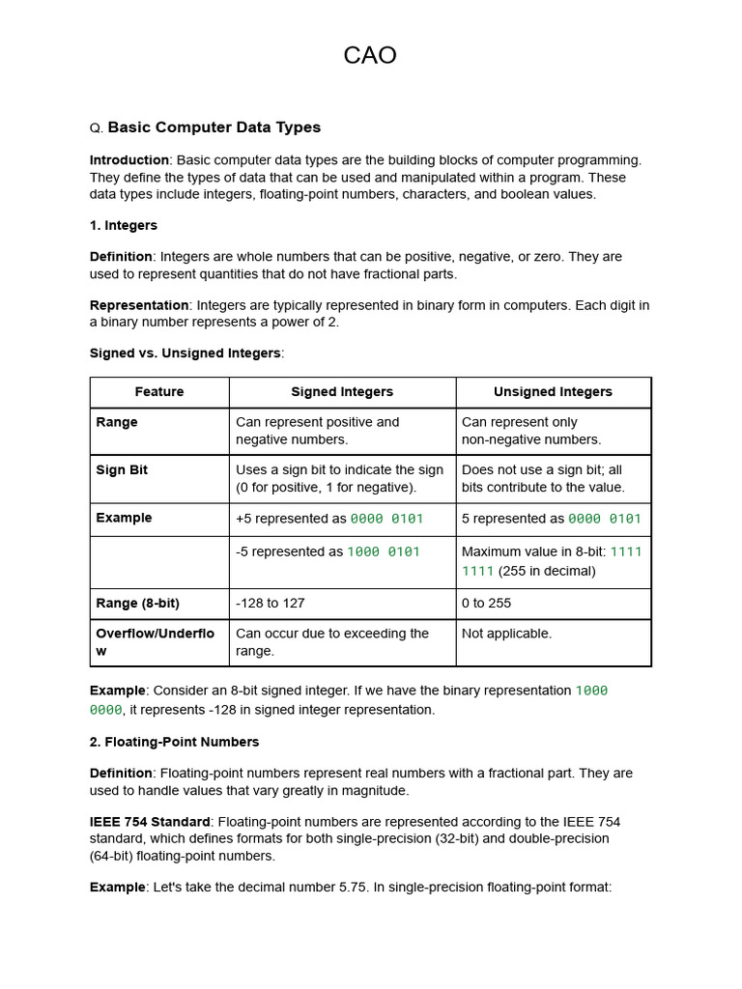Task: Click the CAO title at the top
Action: pos(370,56)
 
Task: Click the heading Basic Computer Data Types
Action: pos(214,127)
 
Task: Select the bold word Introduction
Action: pos(129,160)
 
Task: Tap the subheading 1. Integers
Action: pos(124,225)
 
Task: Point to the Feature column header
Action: pos(159,392)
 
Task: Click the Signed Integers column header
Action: pos(342,392)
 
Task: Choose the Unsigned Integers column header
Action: pos(553,392)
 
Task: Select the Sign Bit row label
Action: pos(122,470)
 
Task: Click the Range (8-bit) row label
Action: pos(137,603)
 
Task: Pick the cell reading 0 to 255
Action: pos(487,603)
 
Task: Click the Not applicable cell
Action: pos(506,634)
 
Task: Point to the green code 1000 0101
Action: pos(384,552)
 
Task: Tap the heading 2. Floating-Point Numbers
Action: pos(175,742)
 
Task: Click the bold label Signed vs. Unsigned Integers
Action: pos(185,353)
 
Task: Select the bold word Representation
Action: pos(139,305)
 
